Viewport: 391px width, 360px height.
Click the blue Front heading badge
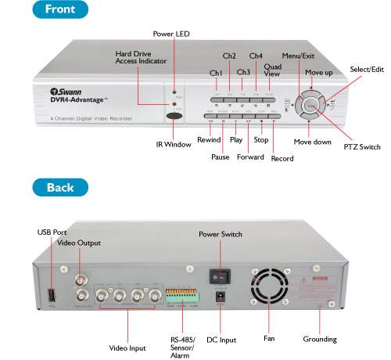[x=59, y=10]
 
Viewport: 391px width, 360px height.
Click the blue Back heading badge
[x=59, y=188]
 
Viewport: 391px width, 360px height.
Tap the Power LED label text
[x=172, y=34]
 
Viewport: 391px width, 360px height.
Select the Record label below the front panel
[x=282, y=159]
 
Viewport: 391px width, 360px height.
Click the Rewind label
[x=209, y=140]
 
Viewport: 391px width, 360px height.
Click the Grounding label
[x=320, y=339]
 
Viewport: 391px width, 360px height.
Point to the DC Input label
[x=221, y=339]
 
